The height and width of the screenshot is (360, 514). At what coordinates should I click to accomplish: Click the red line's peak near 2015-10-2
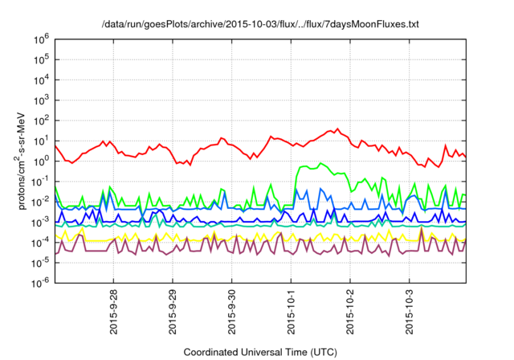click(x=337, y=129)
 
